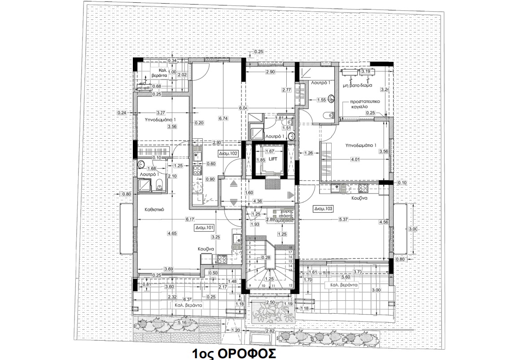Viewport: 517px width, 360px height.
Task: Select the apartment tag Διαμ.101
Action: click(x=204, y=228)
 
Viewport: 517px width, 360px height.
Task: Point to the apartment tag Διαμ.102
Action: click(x=228, y=153)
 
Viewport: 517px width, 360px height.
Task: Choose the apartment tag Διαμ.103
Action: click(x=323, y=209)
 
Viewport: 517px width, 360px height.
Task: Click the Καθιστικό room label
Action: click(x=156, y=209)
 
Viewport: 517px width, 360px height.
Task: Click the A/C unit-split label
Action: click(x=144, y=86)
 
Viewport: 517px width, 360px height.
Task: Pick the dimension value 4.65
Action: click(x=172, y=233)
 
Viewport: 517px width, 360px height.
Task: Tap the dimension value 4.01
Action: click(x=355, y=159)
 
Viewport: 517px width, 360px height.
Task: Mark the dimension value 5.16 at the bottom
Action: click(x=182, y=322)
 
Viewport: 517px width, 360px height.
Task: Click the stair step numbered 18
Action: click(x=290, y=247)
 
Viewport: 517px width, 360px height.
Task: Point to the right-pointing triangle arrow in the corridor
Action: click(x=290, y=194)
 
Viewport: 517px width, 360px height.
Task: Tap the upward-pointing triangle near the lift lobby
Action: click(x=234, y=183)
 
